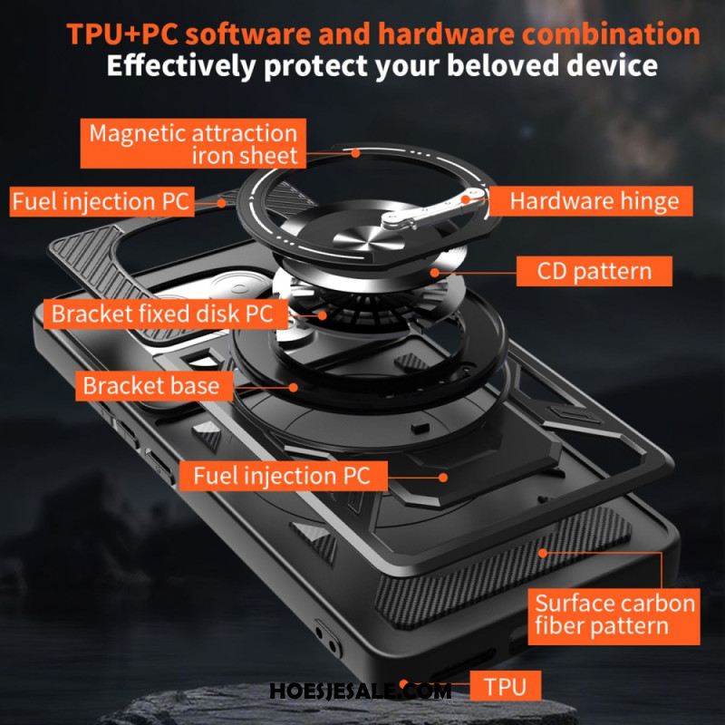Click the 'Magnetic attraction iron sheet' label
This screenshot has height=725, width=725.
click(193, 143)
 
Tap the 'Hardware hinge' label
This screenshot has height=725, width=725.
click(591, 201)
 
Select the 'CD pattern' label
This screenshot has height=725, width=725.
click(594, 271)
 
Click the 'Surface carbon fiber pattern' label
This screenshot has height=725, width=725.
click(614, 616)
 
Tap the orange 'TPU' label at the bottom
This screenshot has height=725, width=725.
click(506, 686)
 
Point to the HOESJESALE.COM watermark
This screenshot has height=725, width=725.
click(360, 691)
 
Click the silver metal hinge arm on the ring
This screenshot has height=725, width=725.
click(433, 209)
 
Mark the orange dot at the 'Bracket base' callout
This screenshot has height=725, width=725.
click(293, 387)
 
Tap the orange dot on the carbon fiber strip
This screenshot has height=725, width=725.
click(543, 553)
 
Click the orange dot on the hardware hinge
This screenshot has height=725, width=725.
click(466, 199)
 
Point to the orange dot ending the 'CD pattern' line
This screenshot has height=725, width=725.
click(435, 273)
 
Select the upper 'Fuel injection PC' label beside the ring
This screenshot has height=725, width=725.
click(101, 201)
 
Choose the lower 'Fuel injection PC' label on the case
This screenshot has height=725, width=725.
click(283, 476)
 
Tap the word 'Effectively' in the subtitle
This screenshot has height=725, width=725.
click(180, 66)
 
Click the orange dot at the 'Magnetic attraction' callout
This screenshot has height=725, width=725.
click(355, 152)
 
